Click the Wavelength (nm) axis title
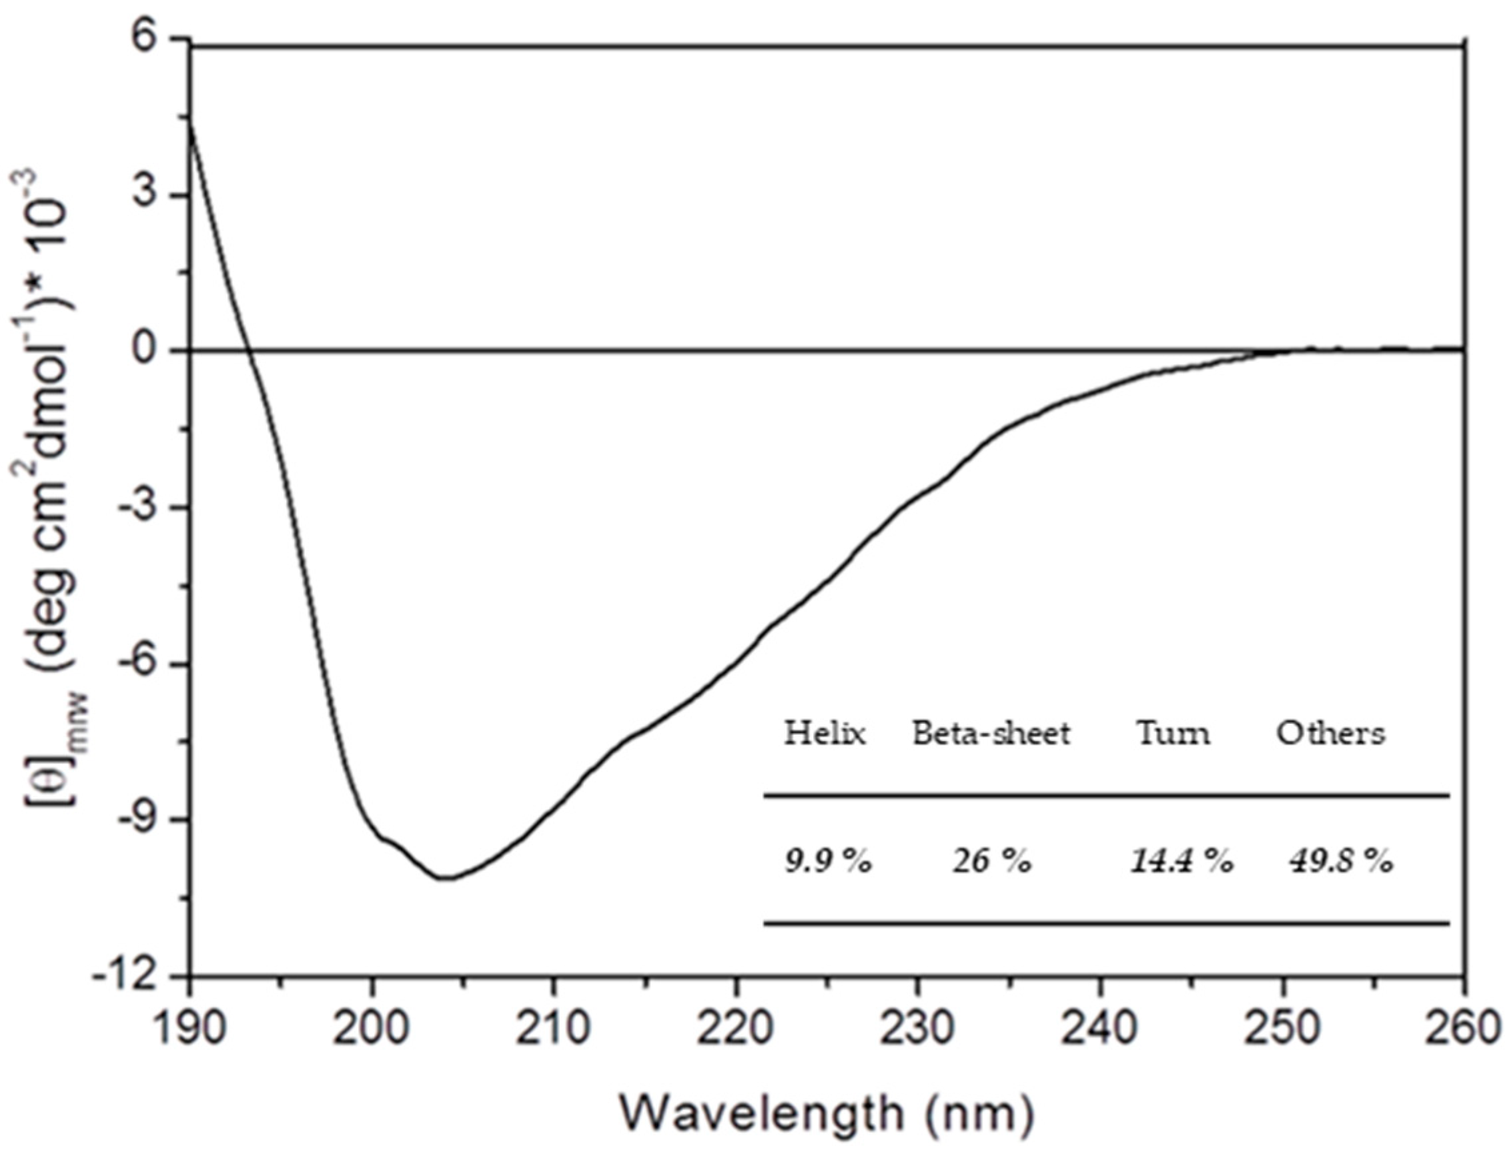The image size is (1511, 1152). click(x=826, y=1114)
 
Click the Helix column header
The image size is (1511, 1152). click(x=825, y=734)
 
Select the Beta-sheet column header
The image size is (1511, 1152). click(x=991, y=734)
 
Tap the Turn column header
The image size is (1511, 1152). click(x=1173, y=734)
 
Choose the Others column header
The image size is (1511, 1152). click(x=1330, y=734)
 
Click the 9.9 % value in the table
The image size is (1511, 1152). click(x=828, y=861)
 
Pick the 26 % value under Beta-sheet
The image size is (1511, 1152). click(x=991, y=861)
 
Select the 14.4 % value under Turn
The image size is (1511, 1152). click(x=1181, y=861)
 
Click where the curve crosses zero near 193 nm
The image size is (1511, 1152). click(x=250, y=351)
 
